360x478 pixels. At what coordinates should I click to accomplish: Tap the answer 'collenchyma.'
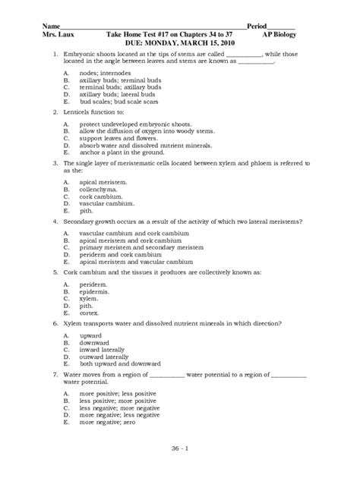99,190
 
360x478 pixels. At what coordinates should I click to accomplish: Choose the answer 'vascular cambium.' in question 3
108,203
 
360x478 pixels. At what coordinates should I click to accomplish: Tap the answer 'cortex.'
90,311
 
